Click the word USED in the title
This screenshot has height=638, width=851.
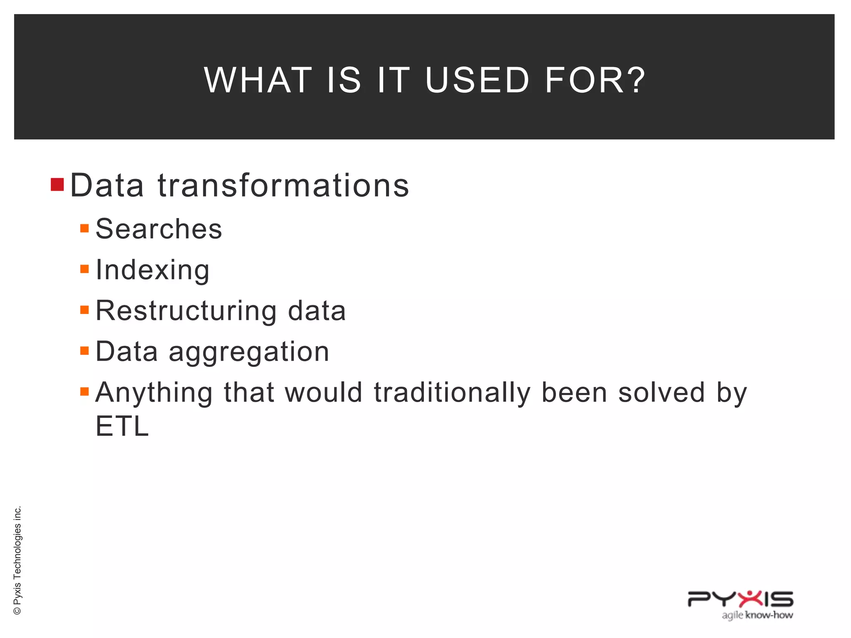click(x=477, y=80)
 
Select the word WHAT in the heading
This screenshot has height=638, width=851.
click(x=258, y=80)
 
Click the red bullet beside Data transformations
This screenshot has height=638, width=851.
click(x=57, y=184)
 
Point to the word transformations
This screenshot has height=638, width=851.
click(x=283, y=185)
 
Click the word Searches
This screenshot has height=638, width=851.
click(x=159, y=229)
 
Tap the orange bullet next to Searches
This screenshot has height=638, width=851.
click(x=85, y=228)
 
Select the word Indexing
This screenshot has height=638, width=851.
click(x=152, y=270)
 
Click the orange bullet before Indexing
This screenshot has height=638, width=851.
click(x=85, y=269)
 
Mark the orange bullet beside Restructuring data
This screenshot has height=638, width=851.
click(x=85, y=310)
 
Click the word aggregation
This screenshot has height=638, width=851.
click(x=249, y=352)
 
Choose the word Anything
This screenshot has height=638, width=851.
click(x=154, y=393)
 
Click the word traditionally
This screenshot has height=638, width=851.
click(x=452, y=393)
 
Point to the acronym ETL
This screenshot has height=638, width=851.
click(x=122, y=426)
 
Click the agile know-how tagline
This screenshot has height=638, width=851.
click(x=757, y=615)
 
